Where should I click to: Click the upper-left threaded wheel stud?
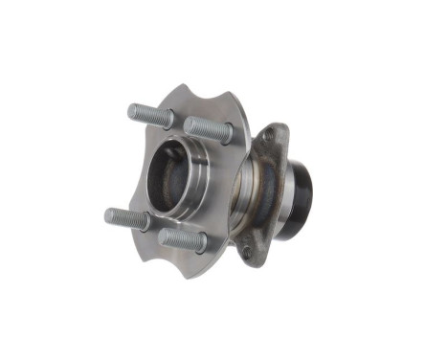149,115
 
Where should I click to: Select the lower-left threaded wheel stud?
125,217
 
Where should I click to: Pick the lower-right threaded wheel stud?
182,238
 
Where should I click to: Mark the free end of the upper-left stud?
132,111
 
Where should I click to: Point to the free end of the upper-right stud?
188,124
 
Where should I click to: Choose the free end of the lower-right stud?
164,234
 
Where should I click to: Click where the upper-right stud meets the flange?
226,135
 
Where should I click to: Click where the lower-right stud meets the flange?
202,245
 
